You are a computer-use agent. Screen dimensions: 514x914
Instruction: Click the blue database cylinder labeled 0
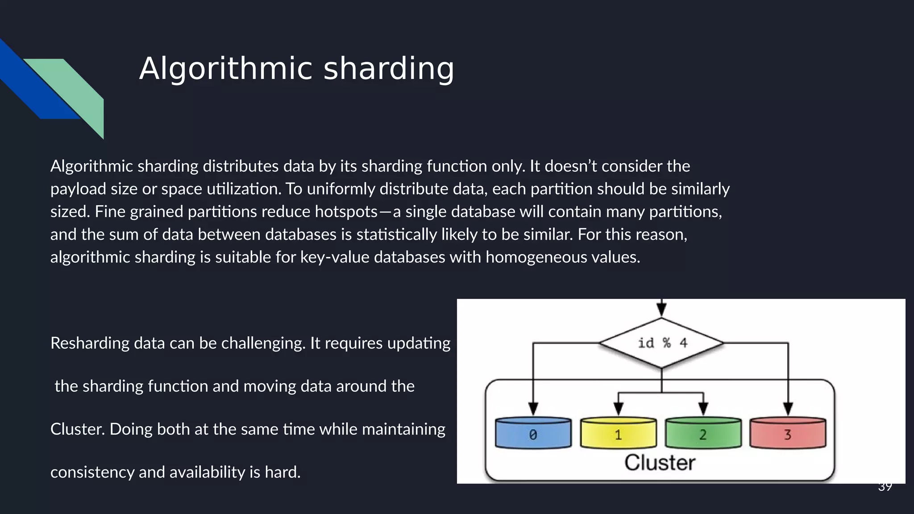pyautogui.click(x=533, y=434)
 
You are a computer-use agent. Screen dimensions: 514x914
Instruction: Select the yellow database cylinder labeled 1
pyautogui.click(x=618, y=434)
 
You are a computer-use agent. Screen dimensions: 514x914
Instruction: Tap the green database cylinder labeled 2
pyautogui.click(x=703, y=434)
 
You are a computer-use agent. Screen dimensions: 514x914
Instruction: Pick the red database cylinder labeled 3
pyautogui.click(x=788, y=434)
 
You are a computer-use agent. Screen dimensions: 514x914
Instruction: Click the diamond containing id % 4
pyautogui.click(x=661, y=343)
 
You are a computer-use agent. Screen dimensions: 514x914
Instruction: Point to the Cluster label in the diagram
pyautogui.click(x=660, y=463)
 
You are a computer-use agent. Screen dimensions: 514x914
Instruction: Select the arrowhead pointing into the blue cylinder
pyautogui.click(x=533, y=408)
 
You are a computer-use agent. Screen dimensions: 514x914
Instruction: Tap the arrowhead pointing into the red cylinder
pyautogui.click(x=788, y=408)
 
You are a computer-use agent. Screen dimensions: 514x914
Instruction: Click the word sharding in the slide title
pyautogui.click(x=388, y=69)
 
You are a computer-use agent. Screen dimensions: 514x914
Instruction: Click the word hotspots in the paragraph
pyautogui.click(x=346, y=211)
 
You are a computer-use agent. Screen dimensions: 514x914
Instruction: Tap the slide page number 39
pyautogui.click(x=885, y=487)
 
